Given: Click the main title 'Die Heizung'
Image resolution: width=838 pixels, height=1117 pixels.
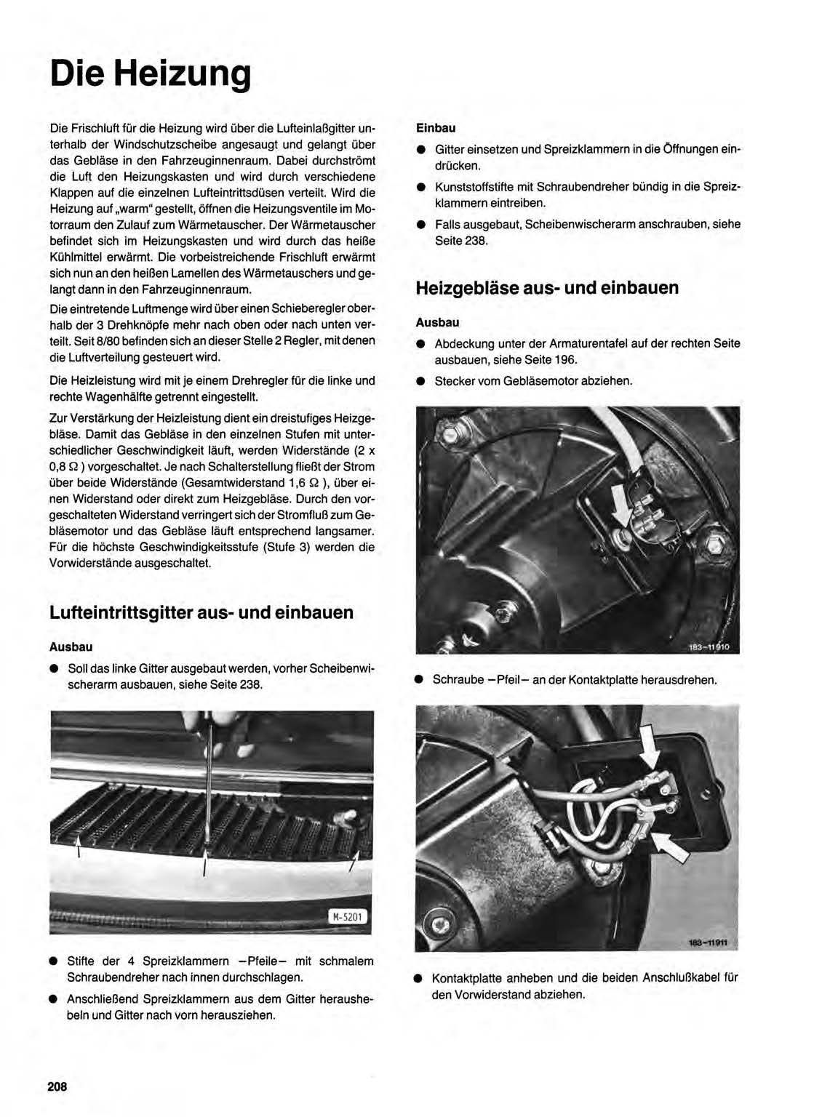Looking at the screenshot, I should click(x=151, y=74).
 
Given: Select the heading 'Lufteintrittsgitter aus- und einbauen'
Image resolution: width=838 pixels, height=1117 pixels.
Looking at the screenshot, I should click(x=201, y=612).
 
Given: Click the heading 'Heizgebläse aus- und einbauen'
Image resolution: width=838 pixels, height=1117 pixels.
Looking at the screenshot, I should click(x=547, y=288).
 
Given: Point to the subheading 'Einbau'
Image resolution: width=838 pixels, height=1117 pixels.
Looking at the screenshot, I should click(x=436, y=128).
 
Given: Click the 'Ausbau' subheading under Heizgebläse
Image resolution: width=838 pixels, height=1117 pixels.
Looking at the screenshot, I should click(x=437, y=322).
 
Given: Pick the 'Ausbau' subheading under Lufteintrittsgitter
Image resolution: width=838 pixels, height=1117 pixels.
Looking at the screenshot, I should click(x=71, y=646).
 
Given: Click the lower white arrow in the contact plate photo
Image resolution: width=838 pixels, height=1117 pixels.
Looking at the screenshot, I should click(x=669, y=846).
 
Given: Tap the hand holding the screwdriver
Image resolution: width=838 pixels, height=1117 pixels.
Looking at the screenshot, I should click(x=218, y=731).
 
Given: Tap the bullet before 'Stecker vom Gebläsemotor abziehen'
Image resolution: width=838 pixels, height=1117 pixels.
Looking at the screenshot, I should click(x=420, y=381).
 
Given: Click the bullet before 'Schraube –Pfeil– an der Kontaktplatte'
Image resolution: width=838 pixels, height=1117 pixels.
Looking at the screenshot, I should click(x=419, y=680).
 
